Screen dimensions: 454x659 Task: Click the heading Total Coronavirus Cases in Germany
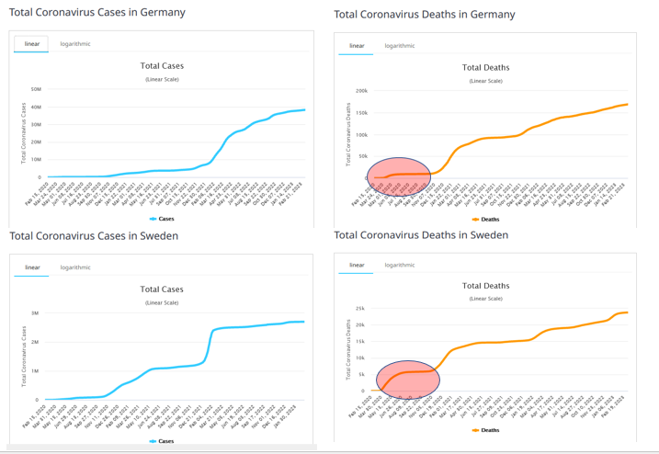click(x=97, y=13)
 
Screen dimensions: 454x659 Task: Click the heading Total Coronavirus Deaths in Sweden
click(x=421, y=235)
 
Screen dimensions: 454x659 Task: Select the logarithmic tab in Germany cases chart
click(x=75, y=44)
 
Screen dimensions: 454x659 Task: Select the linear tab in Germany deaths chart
click(x=357, y=46)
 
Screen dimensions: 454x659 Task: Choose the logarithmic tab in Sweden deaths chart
click(x=400, y=265)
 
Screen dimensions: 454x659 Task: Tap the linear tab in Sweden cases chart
click(x=32, y=267)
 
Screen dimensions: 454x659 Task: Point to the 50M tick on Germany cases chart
click(x=36, y=90)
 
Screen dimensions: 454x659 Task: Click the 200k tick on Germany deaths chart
click(x=361, y=91)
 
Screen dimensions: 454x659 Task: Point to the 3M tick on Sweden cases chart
click(x=35, y=313)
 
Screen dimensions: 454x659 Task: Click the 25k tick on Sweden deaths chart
click(x=359, y=309)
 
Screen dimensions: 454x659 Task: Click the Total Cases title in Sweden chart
click(x=161, y=289)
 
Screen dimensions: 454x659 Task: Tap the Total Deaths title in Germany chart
click(x=485, y=67)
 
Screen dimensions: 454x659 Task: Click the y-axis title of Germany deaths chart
click(x=348, y=133)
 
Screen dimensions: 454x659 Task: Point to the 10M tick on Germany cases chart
click(x=36, y=160)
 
